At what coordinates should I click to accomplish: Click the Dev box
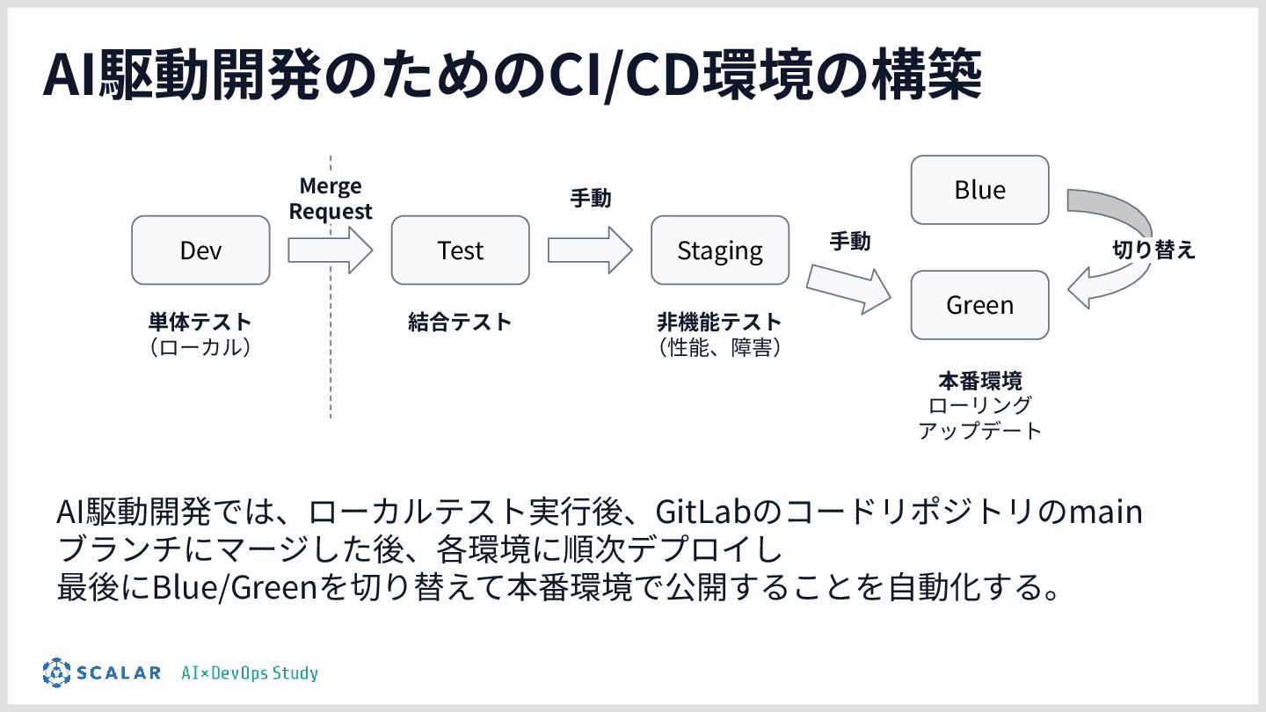(x=200, y=251)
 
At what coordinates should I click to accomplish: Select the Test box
(x=460, y=251)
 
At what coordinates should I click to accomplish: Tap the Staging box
(x=719, y=251)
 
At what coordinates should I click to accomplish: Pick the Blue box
(x=979, y=190)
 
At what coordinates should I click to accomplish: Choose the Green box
(x=979, y=305)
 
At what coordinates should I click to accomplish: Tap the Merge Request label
(x=331, y=199)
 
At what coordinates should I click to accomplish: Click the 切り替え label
(x=1154, y=250)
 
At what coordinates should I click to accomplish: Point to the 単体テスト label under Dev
(x=200, y=322)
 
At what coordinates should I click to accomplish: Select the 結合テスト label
(x=460, y=322)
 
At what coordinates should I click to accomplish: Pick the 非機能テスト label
(x=719, y=322)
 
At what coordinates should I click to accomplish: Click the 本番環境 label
(x=979, y=381)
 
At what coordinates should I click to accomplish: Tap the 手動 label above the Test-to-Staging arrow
(x=591, y=199)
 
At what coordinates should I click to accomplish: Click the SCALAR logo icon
(x=56, y=672)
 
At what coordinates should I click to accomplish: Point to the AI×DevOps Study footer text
(x=250, y=673)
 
